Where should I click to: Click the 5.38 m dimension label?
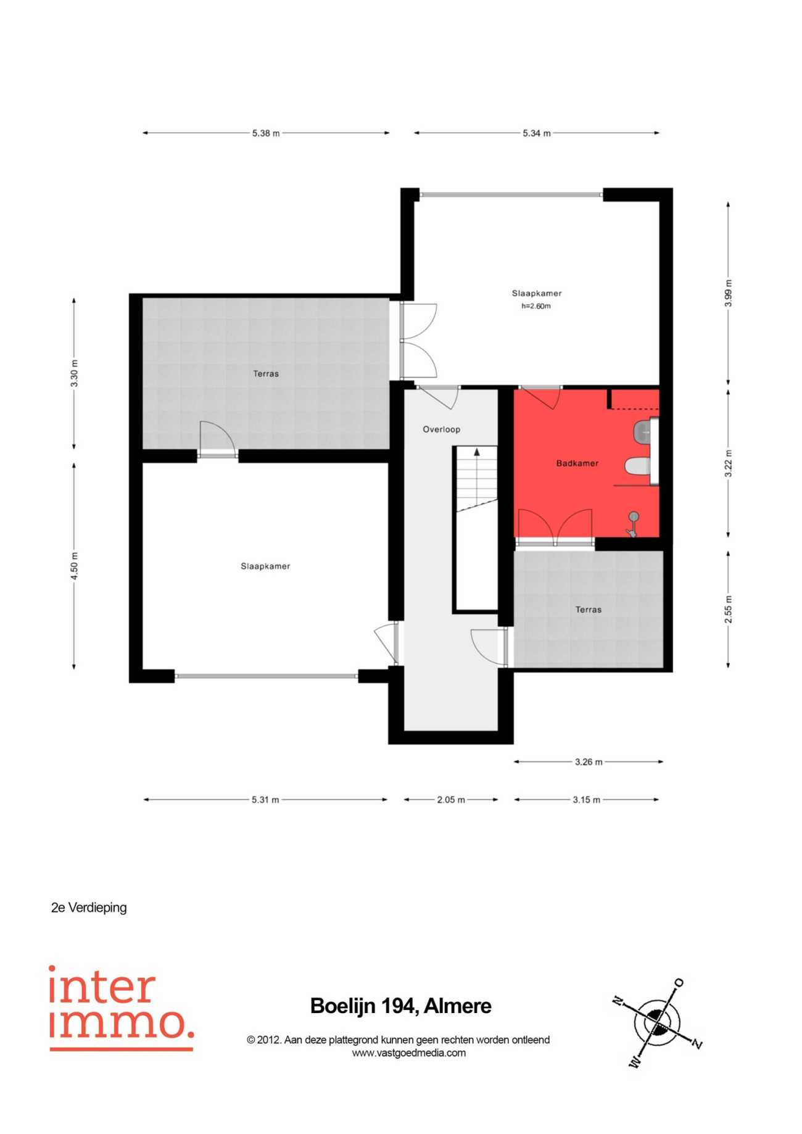click(266, 133)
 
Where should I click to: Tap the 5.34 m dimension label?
click(537, 133)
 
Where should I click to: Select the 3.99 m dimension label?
click(729, 294)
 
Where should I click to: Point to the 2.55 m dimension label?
click(729, 610)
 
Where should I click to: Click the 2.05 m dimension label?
click(451, 800)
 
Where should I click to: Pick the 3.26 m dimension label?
click(589, 762)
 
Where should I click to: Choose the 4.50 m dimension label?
click(74, 566)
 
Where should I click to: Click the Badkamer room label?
click(577, 463)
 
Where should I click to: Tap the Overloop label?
click(441, 429)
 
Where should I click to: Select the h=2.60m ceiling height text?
click(536, 306)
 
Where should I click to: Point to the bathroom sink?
click(643, 431)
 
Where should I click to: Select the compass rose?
click(658, 1022)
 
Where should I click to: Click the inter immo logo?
click(121, 1008)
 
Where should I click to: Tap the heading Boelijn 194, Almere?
click(401, 1006)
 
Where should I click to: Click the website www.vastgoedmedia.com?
click(408, 1053)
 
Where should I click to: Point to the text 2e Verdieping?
click(89, 908)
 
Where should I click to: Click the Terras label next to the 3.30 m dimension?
click(266, 374)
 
